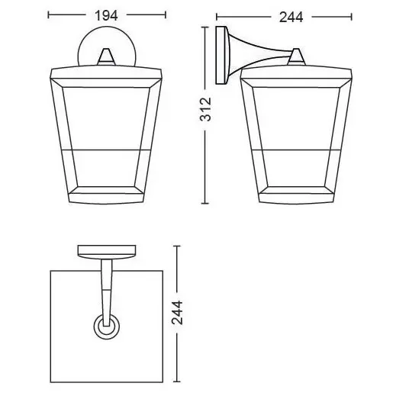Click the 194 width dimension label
pyautogui.click(x=106, y=15)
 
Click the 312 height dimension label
pyautogui.click(x=205, y=109)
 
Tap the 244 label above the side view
pyautogui.click(x=291, y=18)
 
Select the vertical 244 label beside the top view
pyautogui.click(x=177, y=313)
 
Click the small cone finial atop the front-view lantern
pyautogui.click(x=107, y=56)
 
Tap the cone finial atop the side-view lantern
pyautogui.click(x=296, y=56)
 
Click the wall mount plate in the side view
pyautogui.click(x=221, y=55)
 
